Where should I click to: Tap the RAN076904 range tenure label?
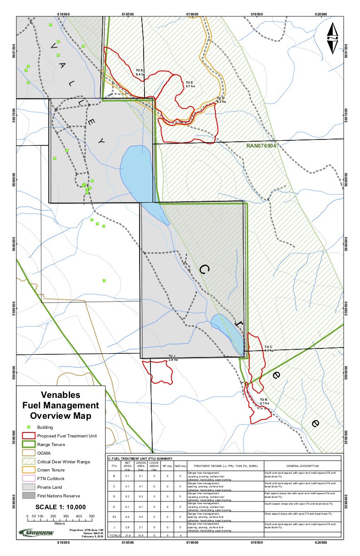(261, 146)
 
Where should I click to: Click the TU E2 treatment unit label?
(140, 72)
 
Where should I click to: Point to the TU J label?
(172, 357)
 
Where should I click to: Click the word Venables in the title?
(60, 395)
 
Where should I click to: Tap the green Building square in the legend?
(28, 427)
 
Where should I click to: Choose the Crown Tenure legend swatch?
(28, 470)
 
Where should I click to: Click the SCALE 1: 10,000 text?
(60, 507)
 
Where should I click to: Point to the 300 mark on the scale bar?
(66, 516)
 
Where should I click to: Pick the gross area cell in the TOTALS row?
(141, 535)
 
